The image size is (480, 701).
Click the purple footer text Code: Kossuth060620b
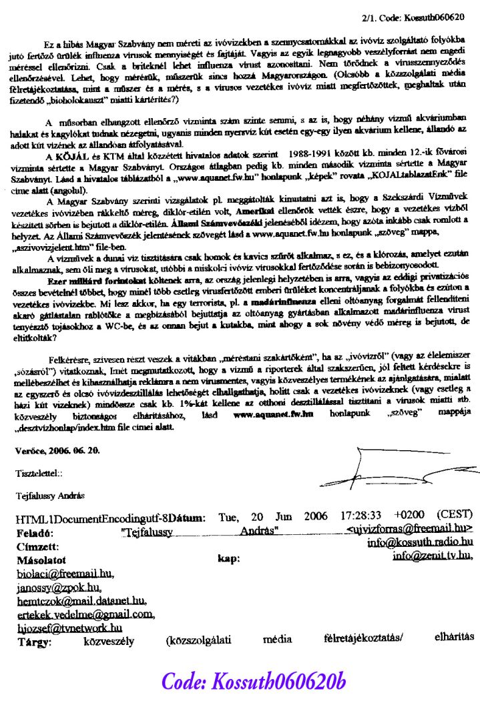tap(254, 681)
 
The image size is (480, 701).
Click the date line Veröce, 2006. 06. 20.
tap(57, 451)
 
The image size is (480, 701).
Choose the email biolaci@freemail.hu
tap(65, 573)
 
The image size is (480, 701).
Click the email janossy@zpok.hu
tap(59, 586)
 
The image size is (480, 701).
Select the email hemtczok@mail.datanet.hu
tap(81, 600)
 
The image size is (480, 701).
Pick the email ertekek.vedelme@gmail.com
tap(85, 614)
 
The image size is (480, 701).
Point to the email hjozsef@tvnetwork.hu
tap(69, 628)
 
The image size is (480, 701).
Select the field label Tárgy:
tap(35, 642)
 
